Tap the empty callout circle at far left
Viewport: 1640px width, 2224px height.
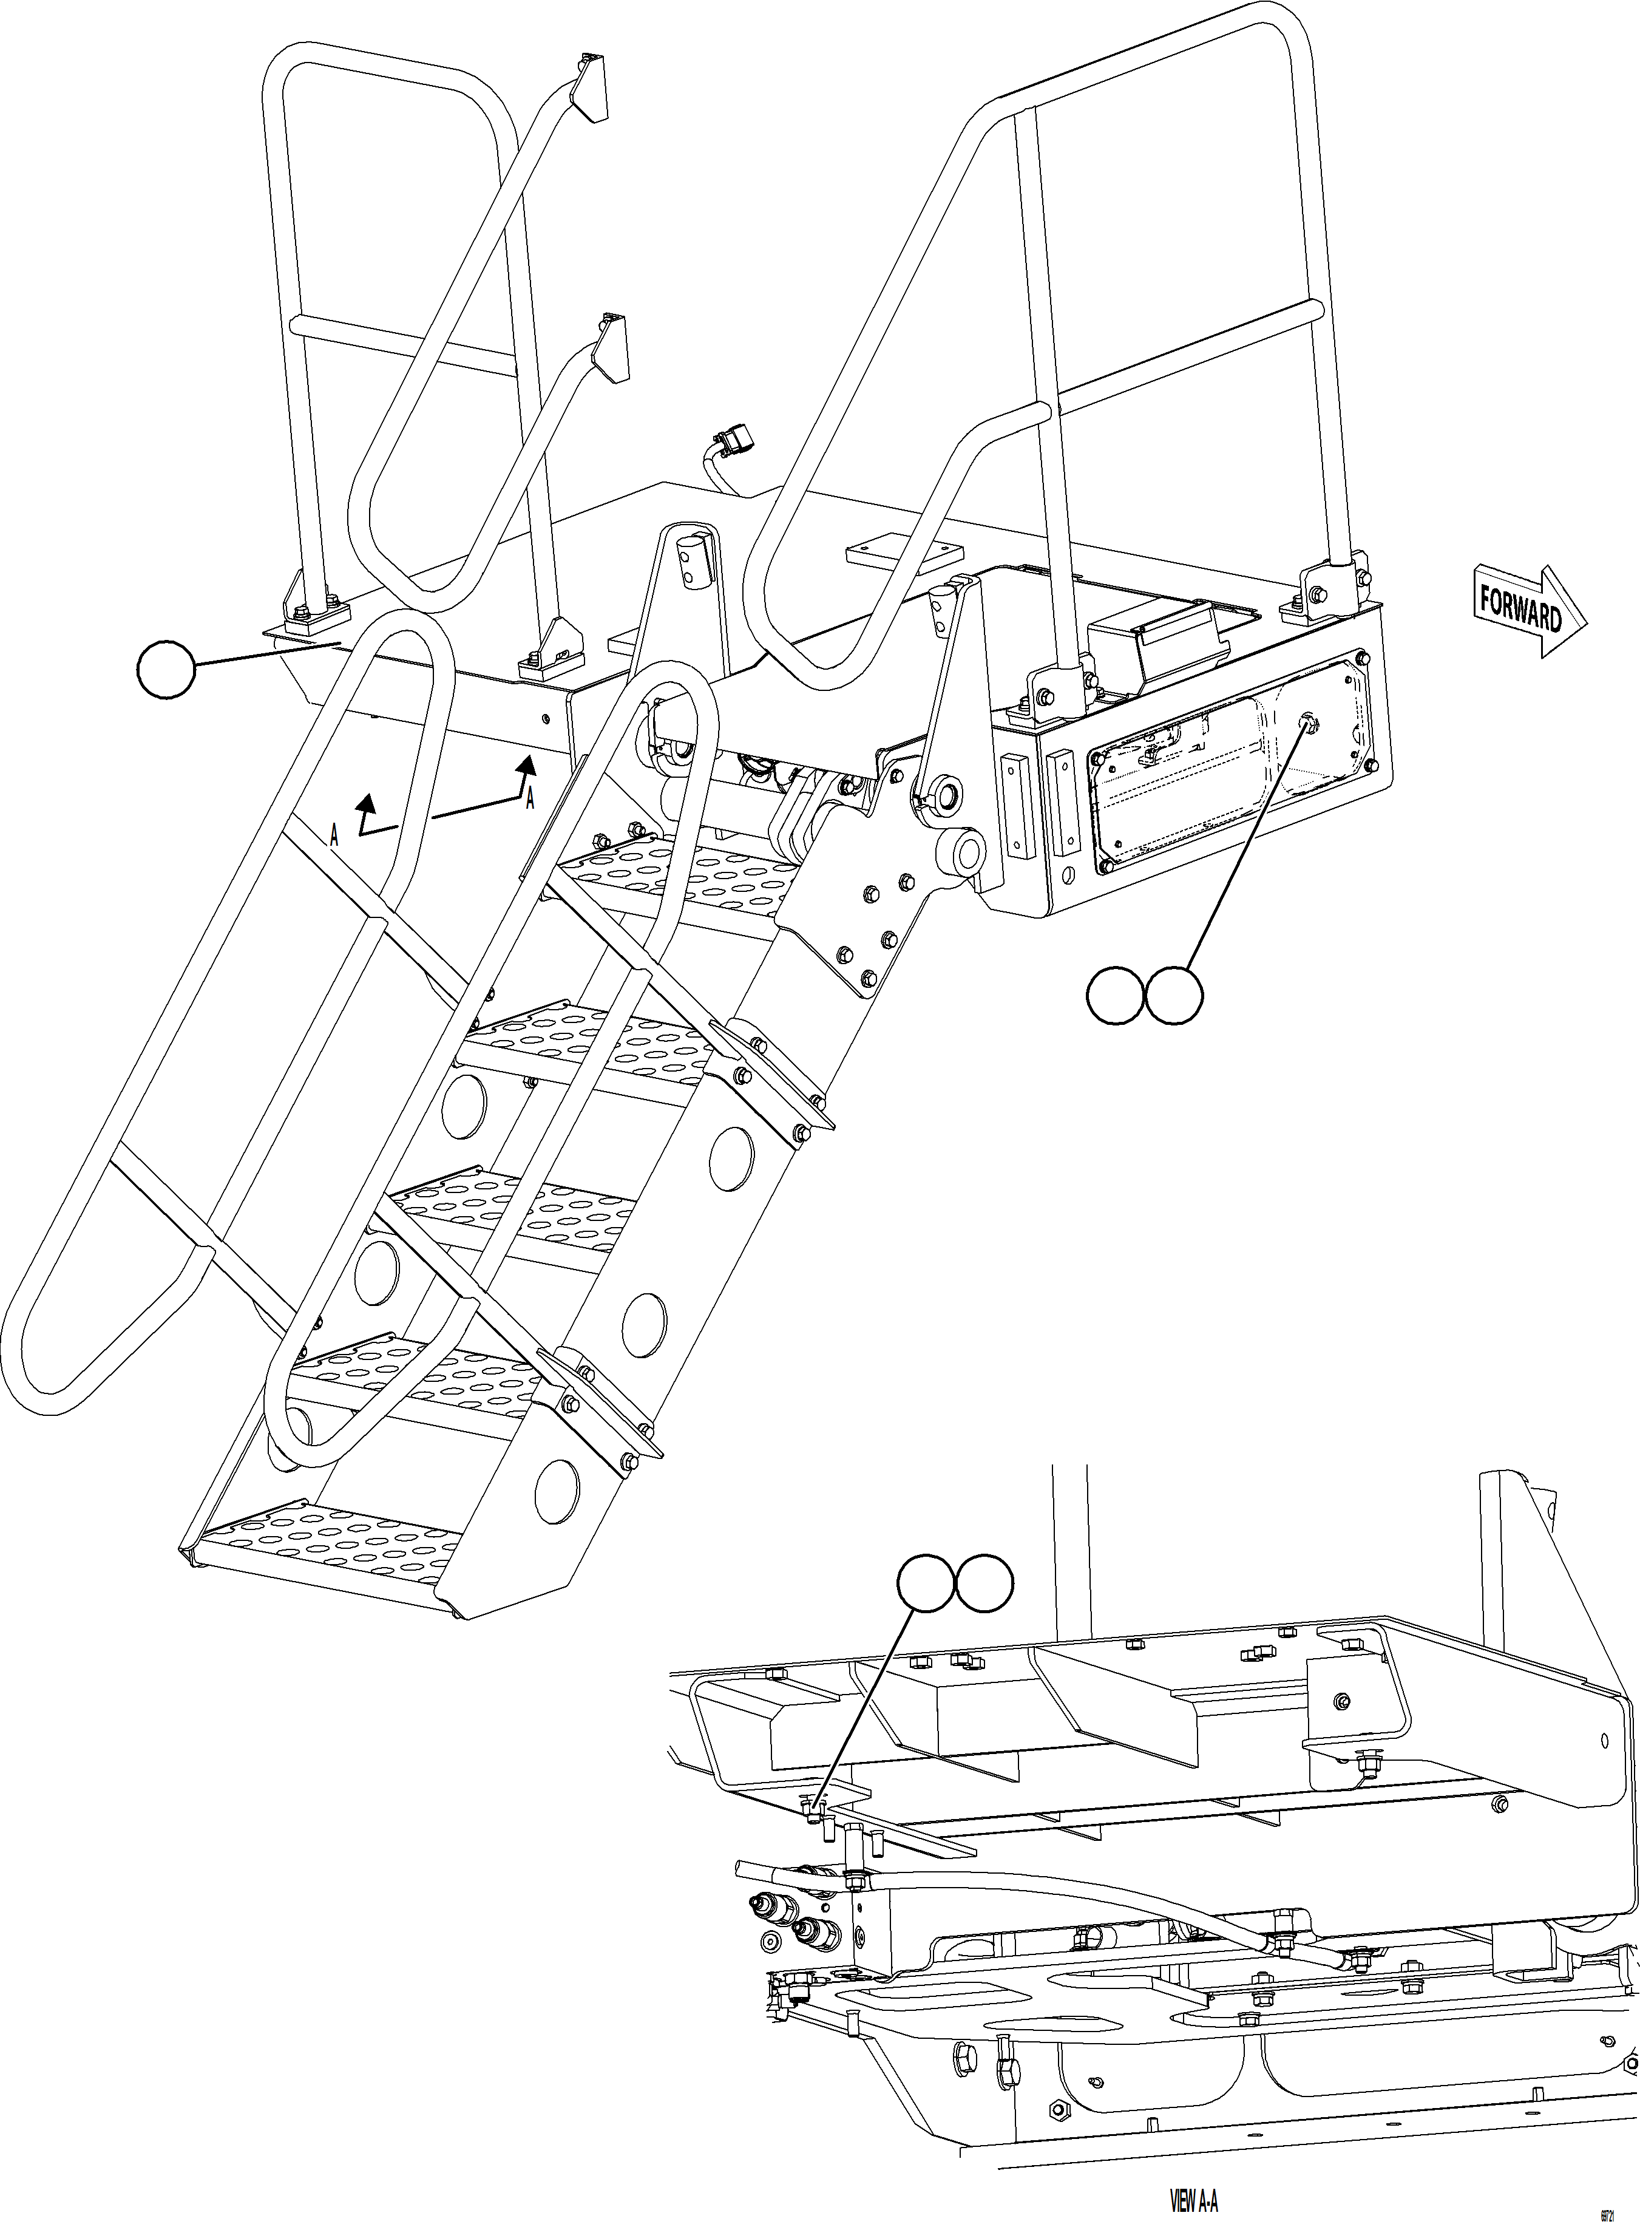click(166, 670)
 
